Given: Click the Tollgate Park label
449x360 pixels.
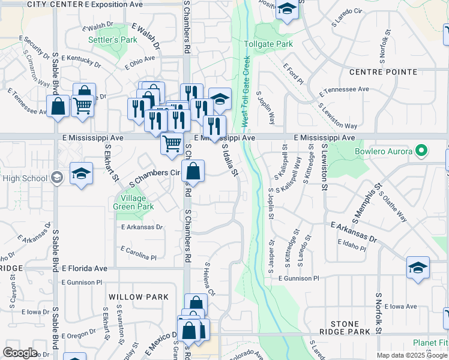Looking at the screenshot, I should [268, 44].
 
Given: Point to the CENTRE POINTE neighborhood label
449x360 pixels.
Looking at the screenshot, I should [383, 72].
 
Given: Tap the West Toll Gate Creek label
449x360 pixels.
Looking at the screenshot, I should [245, 92].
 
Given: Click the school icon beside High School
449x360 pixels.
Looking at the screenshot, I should [56, 177].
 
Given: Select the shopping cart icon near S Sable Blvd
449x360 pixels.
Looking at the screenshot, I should [83, 106].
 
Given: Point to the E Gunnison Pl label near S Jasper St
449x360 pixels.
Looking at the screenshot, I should [299, 278].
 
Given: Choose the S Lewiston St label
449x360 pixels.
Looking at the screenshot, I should [324, 167].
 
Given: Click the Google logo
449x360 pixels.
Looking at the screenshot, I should [20, 353].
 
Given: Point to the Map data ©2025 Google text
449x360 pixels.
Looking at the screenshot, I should [412, 355].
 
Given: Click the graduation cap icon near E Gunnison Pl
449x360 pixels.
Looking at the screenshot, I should [418, 268].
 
